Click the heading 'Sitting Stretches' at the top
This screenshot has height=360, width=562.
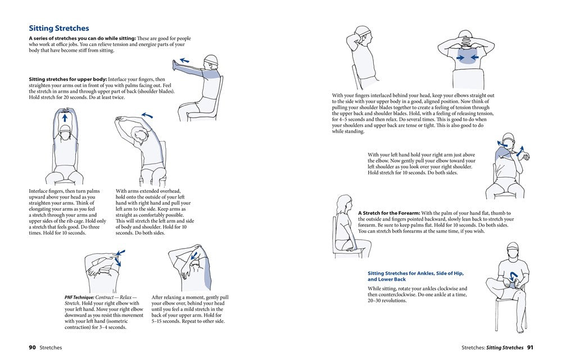tap(58, 28)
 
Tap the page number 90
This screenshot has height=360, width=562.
tap(32, 348)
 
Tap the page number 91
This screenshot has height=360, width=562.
tap(530, 348)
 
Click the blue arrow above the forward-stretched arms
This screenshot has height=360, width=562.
tap(184, 60)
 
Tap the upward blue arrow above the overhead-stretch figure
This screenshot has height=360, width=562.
tap(64, 119)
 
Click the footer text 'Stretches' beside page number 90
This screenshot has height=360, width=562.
tap(51, 348)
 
